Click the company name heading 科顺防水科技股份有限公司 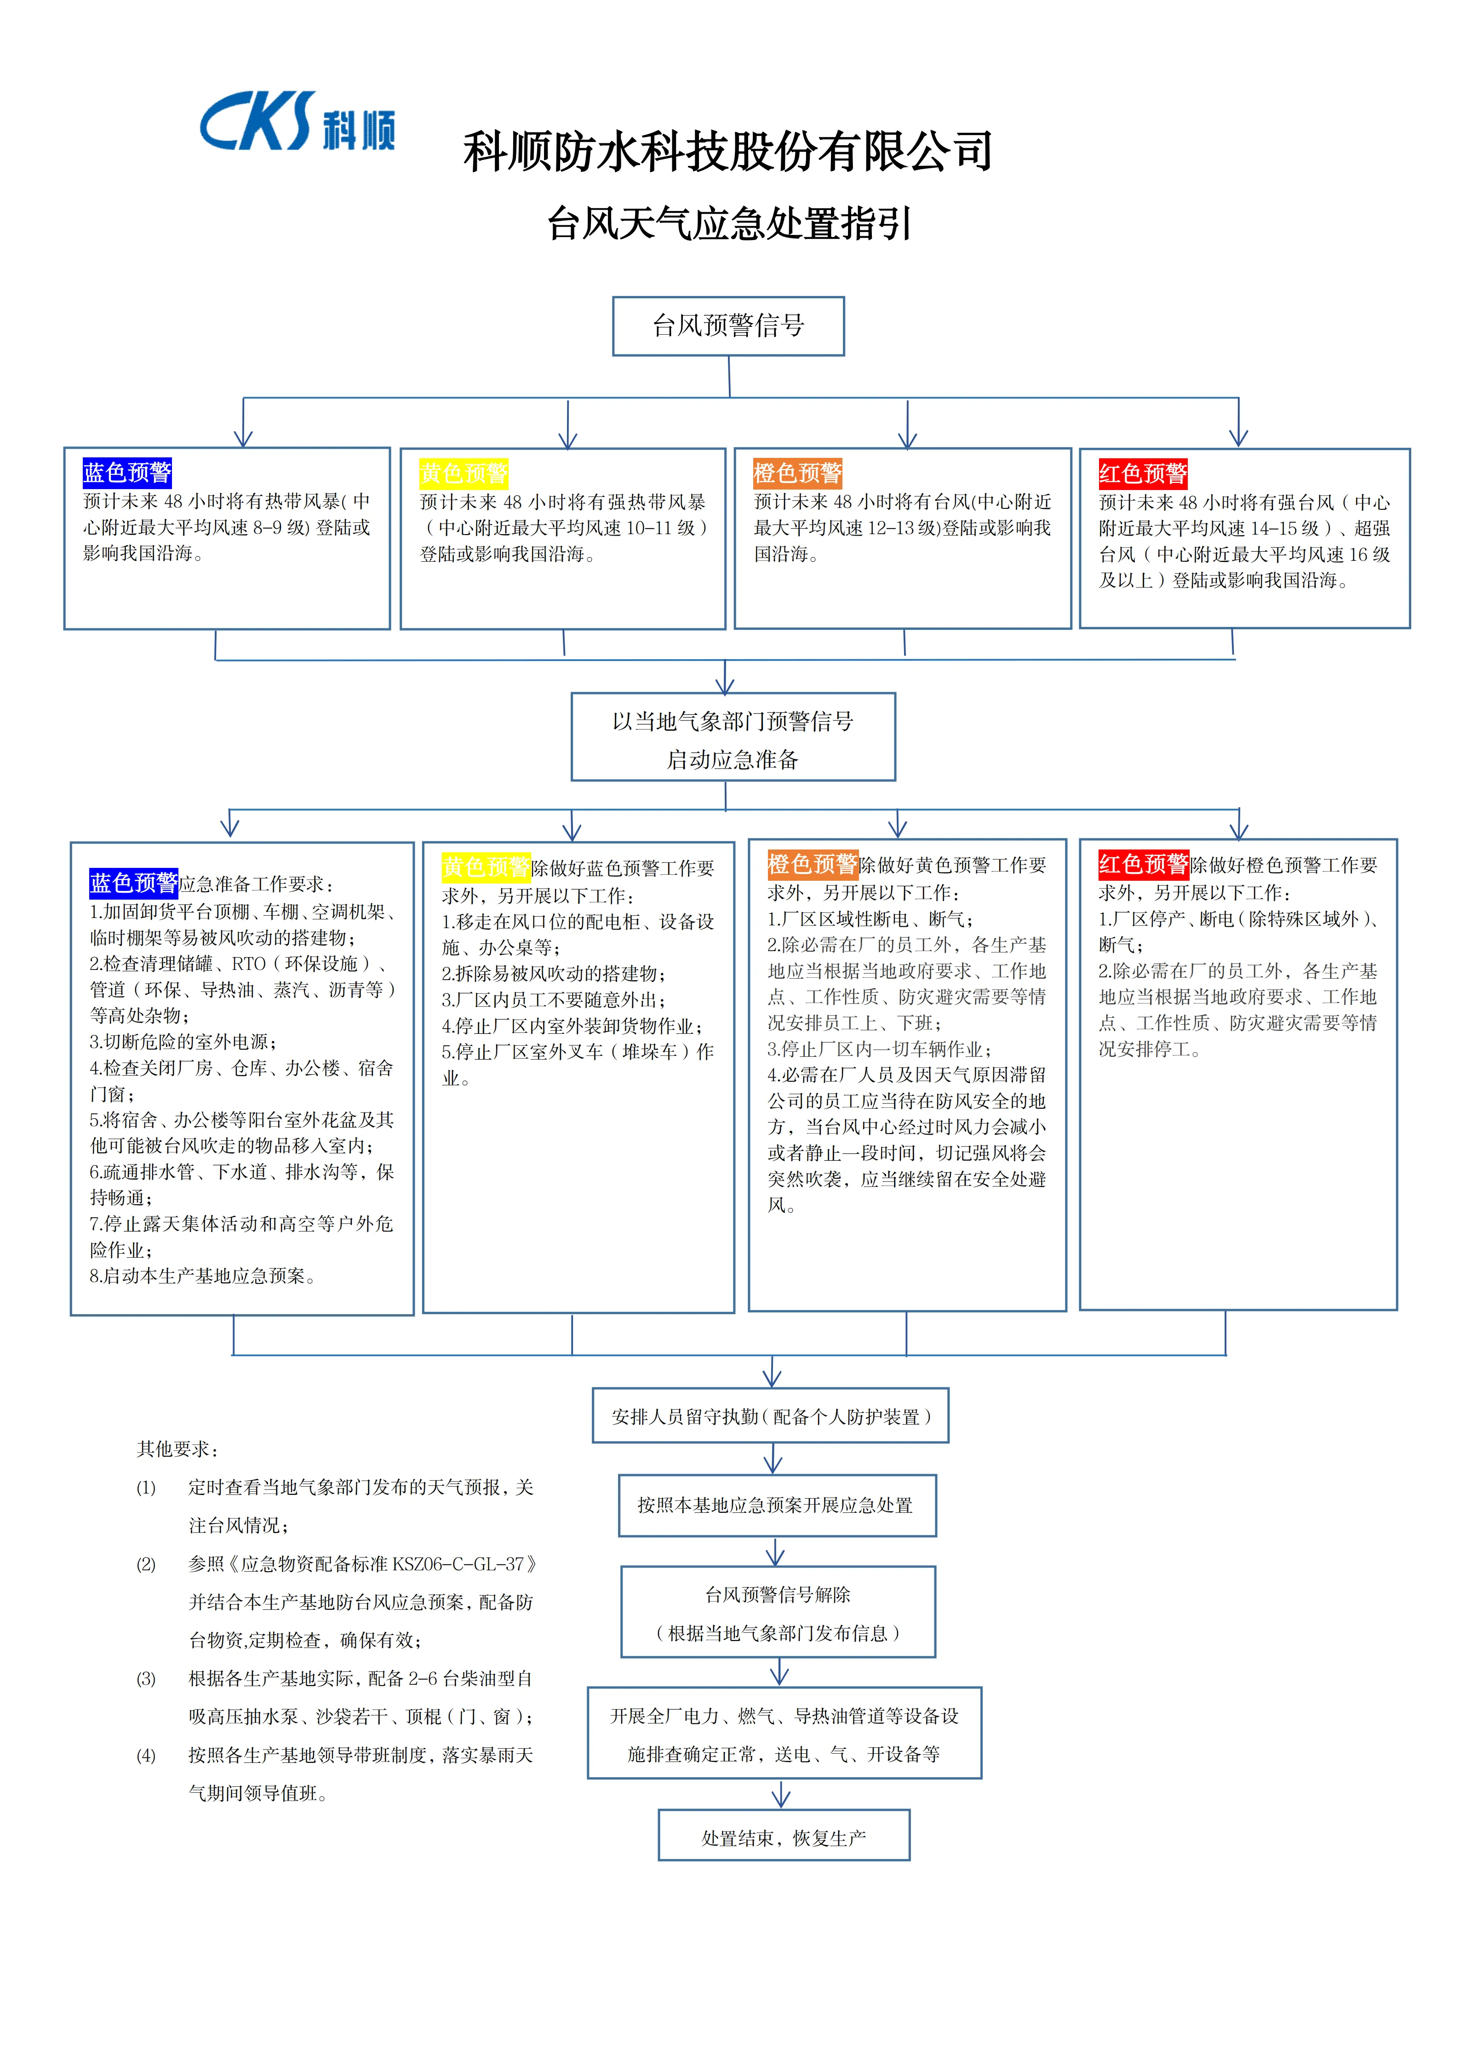pyautogui.click(x=728, y=151)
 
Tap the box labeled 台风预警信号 pyautogui.click(x=728, y=325)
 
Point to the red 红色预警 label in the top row pyautogui.click(x=1143, y=474)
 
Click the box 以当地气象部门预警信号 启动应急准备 pyautogui.click(x=733, y=737)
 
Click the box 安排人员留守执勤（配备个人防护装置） pyautogui.click(x=770, y=1417)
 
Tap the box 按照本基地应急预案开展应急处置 pyautogui.click(x=777, y=1505)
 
